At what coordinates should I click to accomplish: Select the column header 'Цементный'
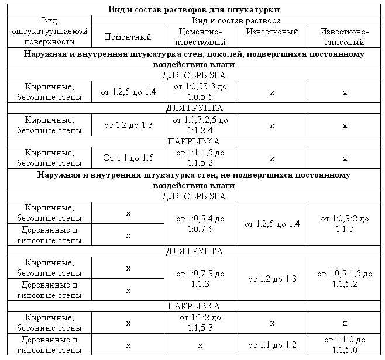pyautogui.click(x=128, y=37)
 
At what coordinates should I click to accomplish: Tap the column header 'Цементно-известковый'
pyautogui.click(x=200, y=37)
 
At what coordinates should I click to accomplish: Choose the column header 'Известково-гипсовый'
pyautogui.click(x=344, y=37)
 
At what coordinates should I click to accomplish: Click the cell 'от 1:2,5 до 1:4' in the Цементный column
pyautogui.click(x=128, y=92)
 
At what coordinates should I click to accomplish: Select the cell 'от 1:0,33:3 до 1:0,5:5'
pyautogui.click(x=200, y=92)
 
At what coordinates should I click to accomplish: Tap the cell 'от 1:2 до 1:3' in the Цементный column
pyautogui.click(x=128, y=125)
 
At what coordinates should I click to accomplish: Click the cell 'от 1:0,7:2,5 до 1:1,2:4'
pyautogui.click(x=200, y=125)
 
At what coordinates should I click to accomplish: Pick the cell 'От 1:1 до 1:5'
pyautogui.click(x=128, y=158)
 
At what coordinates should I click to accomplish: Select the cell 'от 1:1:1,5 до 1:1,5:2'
pyautogui.click(x=200, y=158)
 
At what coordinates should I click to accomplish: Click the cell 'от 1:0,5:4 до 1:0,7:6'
pyautogui.click(x=200, y=224)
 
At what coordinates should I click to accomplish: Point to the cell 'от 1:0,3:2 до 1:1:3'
pyautogui.click(x=345, y=224)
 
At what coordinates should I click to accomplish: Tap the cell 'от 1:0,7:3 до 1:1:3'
pyautogui.click(x=200, y=278)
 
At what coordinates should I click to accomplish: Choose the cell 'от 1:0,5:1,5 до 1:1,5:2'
pyautogui.click(x=345, y=278)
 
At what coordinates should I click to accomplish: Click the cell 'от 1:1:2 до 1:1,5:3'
pyautogui.click(x=200, y=322)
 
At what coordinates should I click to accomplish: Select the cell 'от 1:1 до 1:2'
pyautogui.click(x=271, y=345)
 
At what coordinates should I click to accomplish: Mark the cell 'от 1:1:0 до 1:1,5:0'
pyautogui.click(x=345, y=345)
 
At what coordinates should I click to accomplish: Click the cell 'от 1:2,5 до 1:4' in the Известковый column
pyautogui.click(x=271, y=224)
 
